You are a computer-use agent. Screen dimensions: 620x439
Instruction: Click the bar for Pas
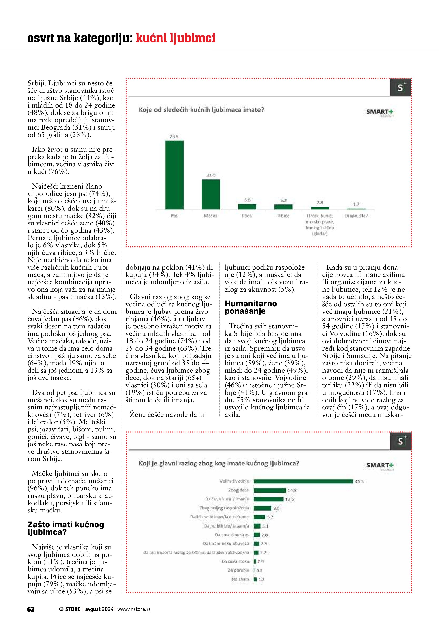click(174, 175)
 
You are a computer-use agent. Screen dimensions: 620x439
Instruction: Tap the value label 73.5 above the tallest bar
click(174, 137)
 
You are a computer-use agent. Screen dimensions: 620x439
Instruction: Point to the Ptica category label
click(247, 216)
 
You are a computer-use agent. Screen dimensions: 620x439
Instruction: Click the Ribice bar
click(283, 207)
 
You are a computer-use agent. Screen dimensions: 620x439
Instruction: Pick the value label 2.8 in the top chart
click(320, 203)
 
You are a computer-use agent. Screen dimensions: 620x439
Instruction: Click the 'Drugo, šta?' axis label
click(356, 216)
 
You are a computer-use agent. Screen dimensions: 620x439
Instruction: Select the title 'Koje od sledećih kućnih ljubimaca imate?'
click(201, 110)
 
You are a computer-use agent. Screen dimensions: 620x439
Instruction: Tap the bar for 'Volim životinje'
click(303, 481)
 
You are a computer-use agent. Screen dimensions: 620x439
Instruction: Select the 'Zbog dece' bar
click(270, 490)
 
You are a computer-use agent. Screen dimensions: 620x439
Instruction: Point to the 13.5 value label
click(289, 499)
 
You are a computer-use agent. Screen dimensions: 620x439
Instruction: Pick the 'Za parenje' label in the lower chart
click(238, 570)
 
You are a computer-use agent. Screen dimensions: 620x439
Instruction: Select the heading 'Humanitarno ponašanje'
click(251, 307)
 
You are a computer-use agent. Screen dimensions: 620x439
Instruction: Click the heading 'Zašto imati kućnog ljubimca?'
click(66, 528)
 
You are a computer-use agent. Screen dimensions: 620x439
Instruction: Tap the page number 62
click(31, 609)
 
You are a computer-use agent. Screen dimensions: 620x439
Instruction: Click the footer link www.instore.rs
click(134, 609)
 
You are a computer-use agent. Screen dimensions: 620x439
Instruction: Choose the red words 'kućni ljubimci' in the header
click(175, 38)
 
